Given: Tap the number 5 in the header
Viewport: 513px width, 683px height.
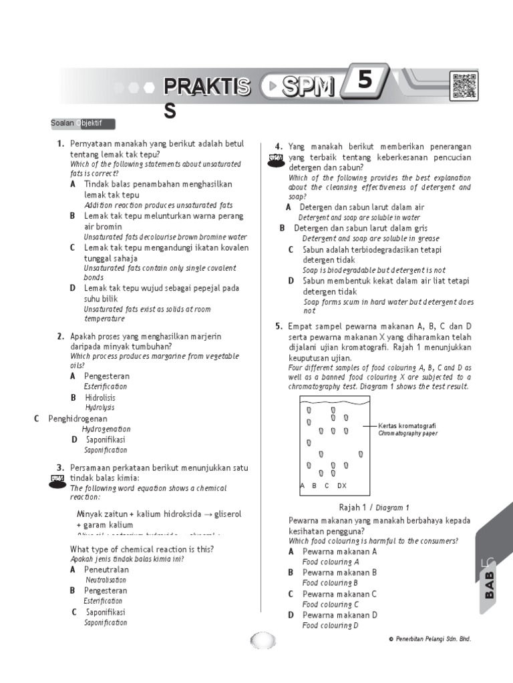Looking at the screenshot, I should [x=364, y=81].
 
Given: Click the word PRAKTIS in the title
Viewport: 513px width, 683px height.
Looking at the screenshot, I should [x=207, y=87].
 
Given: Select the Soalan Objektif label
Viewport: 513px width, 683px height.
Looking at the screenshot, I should [x=82, y=123].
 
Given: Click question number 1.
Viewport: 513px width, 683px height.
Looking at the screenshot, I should [x=60, y=144].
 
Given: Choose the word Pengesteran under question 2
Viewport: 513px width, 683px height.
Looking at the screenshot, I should [x=107, y=376].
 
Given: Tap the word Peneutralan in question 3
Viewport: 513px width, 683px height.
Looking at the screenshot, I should [x=106, y=570].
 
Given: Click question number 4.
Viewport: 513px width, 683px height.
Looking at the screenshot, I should [x=279, y=147].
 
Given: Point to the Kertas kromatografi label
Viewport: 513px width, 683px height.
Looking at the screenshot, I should [x=407, y=426].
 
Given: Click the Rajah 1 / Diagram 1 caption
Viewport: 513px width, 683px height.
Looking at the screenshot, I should [x=374, y=507].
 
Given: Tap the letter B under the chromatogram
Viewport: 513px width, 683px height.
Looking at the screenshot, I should [x=314, y=486].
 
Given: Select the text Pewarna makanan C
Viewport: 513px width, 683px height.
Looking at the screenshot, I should [x=339, y=594].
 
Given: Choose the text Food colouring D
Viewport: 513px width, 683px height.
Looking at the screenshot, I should [x=330, y=626].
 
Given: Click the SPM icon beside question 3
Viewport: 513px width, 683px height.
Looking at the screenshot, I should [x=57, y=479].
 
